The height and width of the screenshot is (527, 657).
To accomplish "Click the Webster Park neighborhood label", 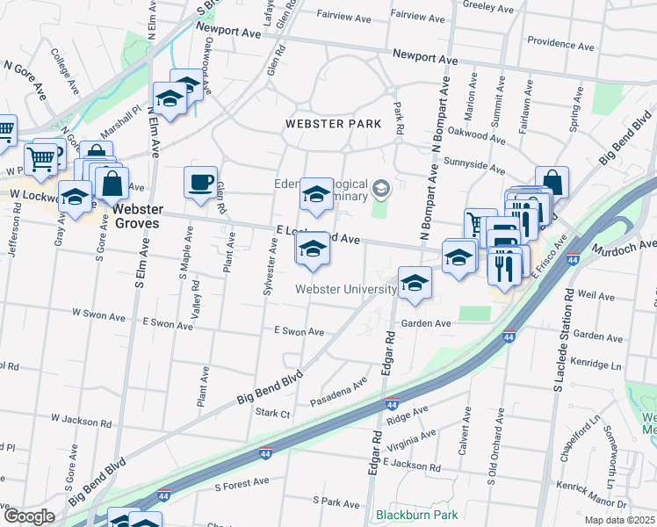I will [x=334, y=124].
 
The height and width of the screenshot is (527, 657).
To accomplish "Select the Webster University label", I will [x=345, y=289].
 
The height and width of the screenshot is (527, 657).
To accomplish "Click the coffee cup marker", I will [x=201, y=183].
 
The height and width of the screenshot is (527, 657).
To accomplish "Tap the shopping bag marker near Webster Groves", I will [x=112, y=184].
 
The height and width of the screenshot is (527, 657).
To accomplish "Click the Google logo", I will [x=28, y=516].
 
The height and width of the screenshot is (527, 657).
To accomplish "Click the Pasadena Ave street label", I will [x=338, y=393].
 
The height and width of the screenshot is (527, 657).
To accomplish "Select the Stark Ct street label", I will [x=272, y=413].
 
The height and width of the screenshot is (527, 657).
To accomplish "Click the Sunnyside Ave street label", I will [x=476, y=166].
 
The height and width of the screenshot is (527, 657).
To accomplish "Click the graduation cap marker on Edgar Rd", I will [x=415, y=284].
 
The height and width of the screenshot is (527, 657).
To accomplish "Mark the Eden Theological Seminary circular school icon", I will [x=381, y=186].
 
